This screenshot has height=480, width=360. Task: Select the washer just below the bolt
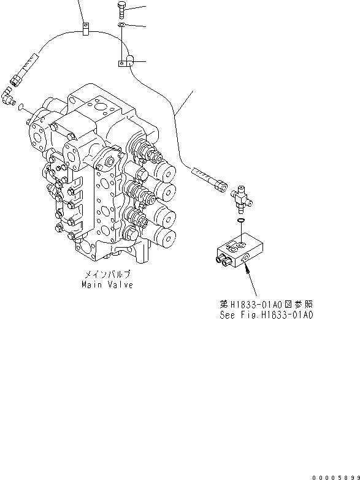[121, 25]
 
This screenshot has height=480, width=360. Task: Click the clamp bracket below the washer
[126, 62]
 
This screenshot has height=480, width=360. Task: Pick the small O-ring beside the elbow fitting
[23, 107]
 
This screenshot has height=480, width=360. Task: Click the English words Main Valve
[107, 285]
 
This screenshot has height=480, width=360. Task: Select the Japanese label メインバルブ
[108, 276]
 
